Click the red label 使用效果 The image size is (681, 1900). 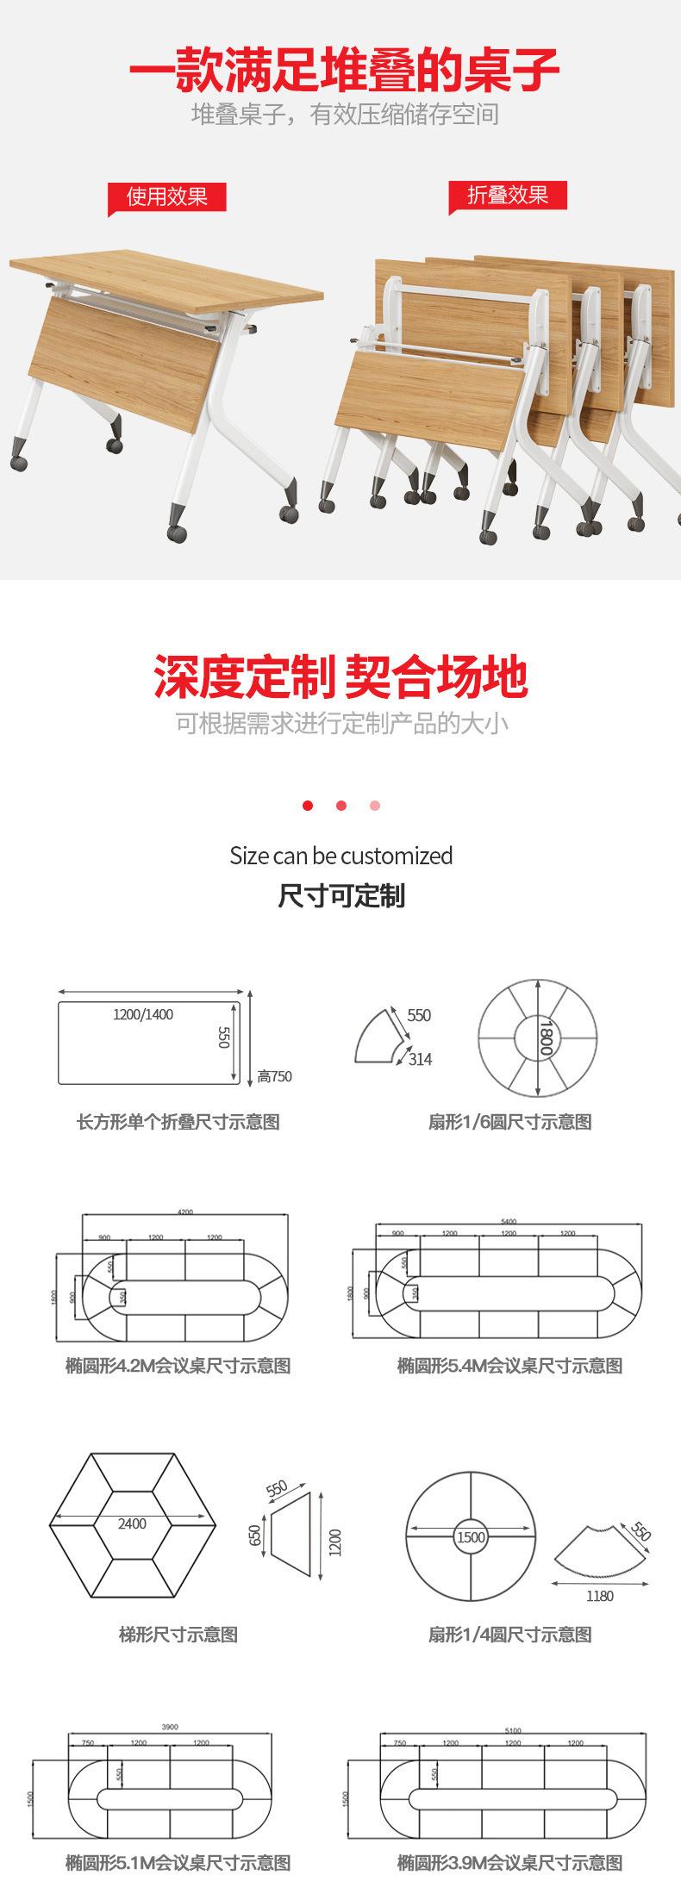pos(167,197)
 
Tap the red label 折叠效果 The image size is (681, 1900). pos(508,195)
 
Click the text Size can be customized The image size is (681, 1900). pos(340,856)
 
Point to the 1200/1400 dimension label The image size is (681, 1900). pos(143,1014)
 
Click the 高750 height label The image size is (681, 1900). pos(275,1075)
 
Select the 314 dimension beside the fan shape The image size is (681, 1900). pos(420,1059)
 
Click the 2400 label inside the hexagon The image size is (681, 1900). pos(132,1523)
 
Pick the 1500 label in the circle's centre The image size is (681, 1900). pos(472,1536)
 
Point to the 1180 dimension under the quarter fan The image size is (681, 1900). pos(599,1596)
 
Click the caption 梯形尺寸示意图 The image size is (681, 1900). pos(178,1634)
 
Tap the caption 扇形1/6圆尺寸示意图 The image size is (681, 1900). pos(510,1121)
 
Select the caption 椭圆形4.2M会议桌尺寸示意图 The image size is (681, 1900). pos(178,1365)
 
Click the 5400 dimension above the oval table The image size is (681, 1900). pos(509,1221)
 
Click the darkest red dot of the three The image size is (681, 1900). pos(308,806)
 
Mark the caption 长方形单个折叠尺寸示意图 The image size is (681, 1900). pos(178,1121)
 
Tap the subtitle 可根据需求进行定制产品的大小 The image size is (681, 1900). pos(341,722)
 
